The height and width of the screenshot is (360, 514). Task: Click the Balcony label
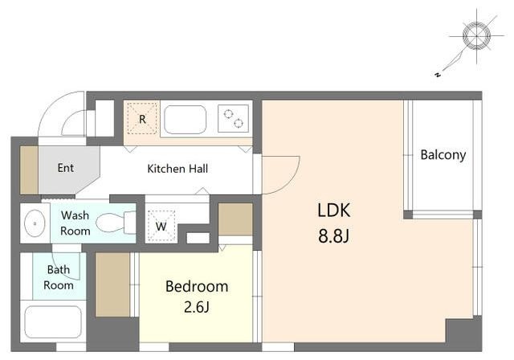coord(443,155)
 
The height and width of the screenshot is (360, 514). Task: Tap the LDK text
coord(334,211)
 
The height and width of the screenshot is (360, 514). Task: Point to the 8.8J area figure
coord(334,235)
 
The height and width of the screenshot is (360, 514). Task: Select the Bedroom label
coord(197,287)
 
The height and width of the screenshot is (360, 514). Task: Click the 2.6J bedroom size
coord(196,308)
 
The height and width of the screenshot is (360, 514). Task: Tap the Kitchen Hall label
coord(177,169)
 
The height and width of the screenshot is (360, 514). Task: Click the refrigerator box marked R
coord(142,118)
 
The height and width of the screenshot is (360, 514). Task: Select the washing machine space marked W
coord(161,226)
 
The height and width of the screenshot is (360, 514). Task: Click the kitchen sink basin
coord(186,120)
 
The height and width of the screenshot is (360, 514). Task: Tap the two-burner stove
coord(234,118)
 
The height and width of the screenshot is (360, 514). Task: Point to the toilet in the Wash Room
coord(116,223)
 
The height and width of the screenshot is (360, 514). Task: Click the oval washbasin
coord(35,223)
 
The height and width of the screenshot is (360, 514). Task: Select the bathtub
coord(53,322)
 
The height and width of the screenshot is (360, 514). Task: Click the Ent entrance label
coord(66,168)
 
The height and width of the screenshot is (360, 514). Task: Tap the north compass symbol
coord(476,35)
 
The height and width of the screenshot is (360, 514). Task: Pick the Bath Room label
coord(59,277)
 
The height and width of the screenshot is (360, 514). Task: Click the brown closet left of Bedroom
coord(112,284)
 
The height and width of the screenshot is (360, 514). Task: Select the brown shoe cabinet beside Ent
coord(29,170)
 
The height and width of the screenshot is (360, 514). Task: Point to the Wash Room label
coord(75,223)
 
